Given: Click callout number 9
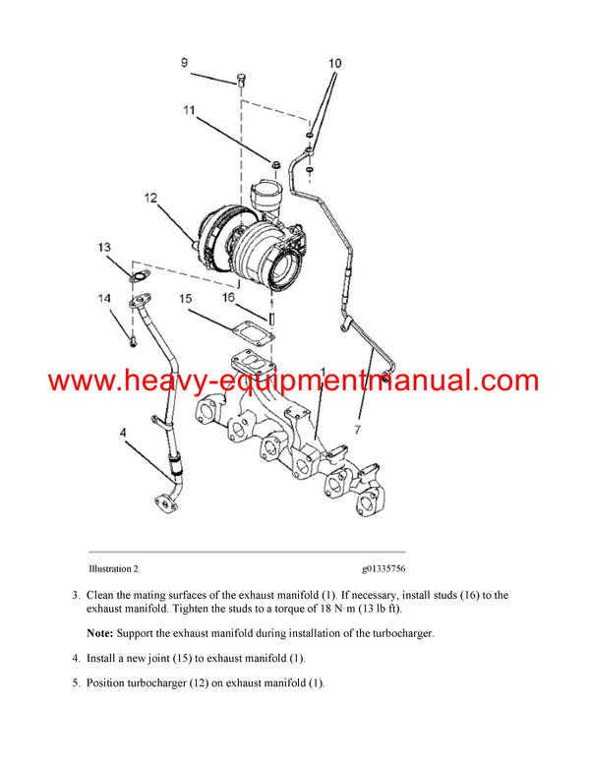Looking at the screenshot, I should pyautogui.click(x=184, y=64).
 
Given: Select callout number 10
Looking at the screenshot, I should pyautogui.click(x=335, y=64).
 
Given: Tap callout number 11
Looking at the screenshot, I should pyautogui.click(x=189, y=111).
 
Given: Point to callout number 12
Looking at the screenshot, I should pyautogui.click(x=150, y=199).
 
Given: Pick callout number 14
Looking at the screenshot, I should pyautogui.click(x=104, y=298).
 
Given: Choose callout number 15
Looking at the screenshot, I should pyautogui.click(x=185, y=298).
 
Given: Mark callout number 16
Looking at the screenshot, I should pyautogui.click(x=228, y=296).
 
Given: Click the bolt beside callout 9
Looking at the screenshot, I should pyautogui.click(x=239, y=81).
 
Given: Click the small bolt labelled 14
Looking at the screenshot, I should pyautogui.click(x=131, y=340).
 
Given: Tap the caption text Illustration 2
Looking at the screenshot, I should pyautogui.click(x=113, y=569).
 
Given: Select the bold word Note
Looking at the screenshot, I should pyautogui.click(x=101, y=633).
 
